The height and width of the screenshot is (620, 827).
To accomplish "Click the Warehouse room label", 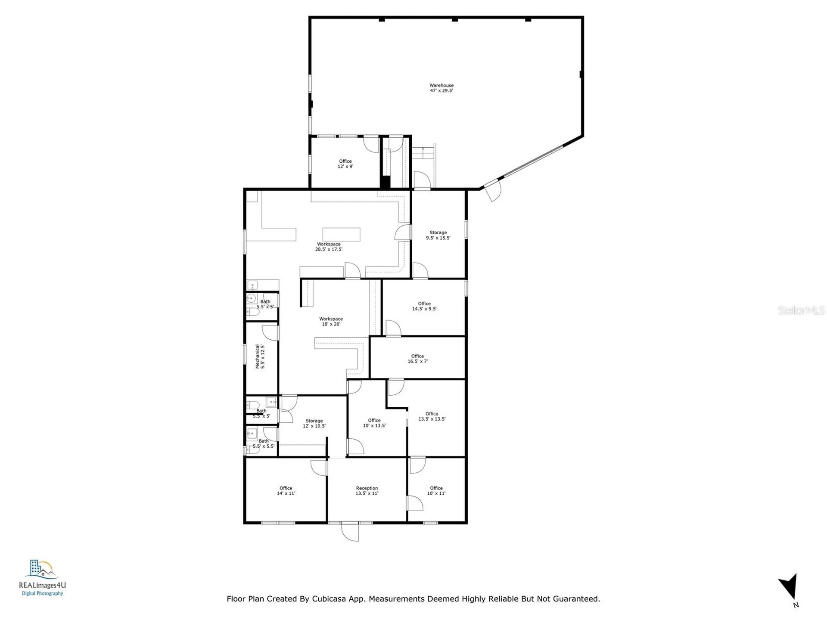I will click(x=441, y=88).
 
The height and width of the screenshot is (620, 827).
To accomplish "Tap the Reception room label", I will click(x=367, y=491).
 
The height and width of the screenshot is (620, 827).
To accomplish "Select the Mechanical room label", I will click(x=260, y=356).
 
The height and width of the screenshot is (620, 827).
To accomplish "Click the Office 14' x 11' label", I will click(x=286, y=491).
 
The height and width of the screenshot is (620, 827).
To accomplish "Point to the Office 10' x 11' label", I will click(x=436, y=491).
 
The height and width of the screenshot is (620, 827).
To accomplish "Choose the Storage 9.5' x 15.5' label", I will click(x=438, y=235).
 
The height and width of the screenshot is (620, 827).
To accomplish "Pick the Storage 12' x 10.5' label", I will click(x=314, y=423).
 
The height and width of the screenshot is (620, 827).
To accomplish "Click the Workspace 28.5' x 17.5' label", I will click(x=329, y=247).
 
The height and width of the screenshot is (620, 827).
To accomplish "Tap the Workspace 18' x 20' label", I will click(x=331, y=322).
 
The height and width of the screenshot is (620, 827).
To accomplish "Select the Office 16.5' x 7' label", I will click(x=417, y=359).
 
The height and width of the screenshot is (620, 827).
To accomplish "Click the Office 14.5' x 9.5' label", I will click(x=424, y=306).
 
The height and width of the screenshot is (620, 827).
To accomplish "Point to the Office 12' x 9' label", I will click(x=345, y=164).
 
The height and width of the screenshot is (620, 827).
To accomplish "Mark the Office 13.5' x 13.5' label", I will click(x=432, y=416).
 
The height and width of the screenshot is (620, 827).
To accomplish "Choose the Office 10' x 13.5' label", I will click(x=374, y=423).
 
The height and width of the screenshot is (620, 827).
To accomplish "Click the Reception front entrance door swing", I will click(x=350, y=532).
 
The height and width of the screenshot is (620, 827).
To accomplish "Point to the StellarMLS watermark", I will click(x=801, y=310).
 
